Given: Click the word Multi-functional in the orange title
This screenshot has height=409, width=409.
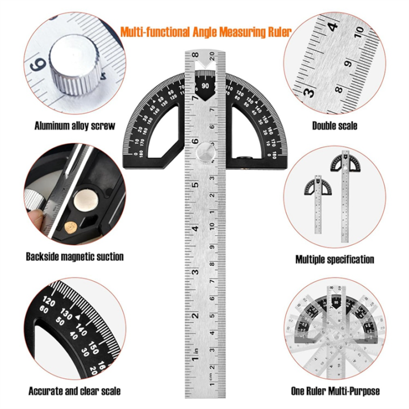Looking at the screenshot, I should pyautogui.click(x=155, y=32).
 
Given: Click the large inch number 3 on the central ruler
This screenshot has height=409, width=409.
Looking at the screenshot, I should pyautogui.click(x=195, y=272).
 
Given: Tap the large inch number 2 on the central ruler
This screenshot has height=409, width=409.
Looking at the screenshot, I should pyautogui.click(x=195, y=316).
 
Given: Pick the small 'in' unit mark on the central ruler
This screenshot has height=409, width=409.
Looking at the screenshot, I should pyautogui.click(x=195, y=352).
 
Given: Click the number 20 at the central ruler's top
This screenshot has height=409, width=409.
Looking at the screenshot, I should pyautogui.click(x=211, y=55).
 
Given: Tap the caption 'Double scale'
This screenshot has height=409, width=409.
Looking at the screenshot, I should pyautogui.click(x=335, y=126).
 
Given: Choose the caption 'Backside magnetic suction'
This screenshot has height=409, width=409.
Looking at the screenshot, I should pyautogui.click(x=74, y=257).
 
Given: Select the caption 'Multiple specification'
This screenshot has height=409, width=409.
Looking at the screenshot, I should pyautogui.click(x=335, y=260).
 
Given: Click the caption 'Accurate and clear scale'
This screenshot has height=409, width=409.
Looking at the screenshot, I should pyautogui.click(x=74, y=391).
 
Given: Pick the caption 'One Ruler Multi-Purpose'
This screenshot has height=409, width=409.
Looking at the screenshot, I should pyautogui.click(x=335, y=391).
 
